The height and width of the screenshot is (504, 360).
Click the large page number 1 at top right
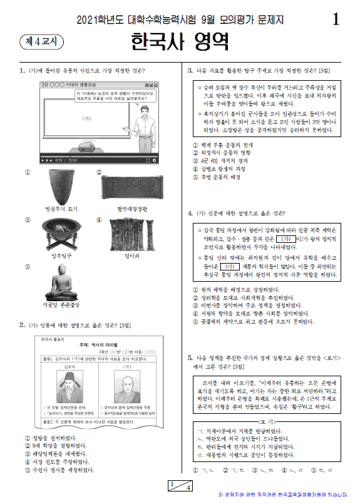pos(337,19)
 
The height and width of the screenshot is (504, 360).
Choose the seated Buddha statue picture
pos(60,280)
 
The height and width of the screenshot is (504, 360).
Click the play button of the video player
pos(43,160)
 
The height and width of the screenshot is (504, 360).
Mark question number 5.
pos(190,357)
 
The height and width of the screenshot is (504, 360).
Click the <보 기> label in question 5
pos(265,421)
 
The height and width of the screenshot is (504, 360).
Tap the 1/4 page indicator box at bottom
pos(180,485)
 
